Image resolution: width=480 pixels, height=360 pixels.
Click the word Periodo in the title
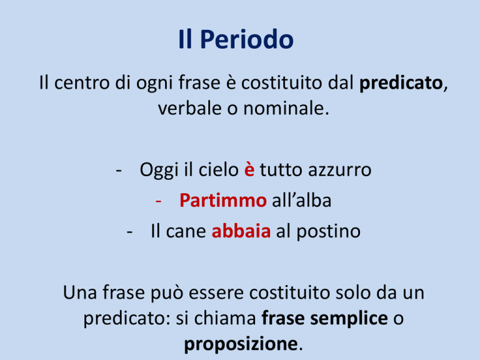tap(247, 39)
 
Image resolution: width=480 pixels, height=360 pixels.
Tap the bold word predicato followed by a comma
tap(401, 83)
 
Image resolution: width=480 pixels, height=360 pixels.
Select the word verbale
tap(190, 108)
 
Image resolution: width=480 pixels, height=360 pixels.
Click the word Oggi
tap(159, 170)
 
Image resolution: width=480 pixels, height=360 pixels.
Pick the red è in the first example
tap(249, 169)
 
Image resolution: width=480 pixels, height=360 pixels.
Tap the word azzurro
tap(339, 170)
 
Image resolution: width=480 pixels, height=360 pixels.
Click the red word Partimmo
tap(223, 201)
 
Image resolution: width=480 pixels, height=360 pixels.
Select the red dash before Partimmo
tap(158, 201)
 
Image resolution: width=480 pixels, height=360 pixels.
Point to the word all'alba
tap(301, 201)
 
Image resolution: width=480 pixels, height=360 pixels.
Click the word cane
tap(186, 232)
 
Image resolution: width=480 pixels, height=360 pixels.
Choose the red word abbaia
tap(241, 231)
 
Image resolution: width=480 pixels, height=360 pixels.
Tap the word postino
tap(329, 232)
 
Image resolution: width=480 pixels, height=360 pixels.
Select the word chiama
tap(225, 318)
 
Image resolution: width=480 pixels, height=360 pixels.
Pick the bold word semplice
tap(349, 319)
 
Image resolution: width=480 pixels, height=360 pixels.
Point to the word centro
tap(82, 83)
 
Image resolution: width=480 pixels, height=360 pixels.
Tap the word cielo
tap(219, 169)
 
